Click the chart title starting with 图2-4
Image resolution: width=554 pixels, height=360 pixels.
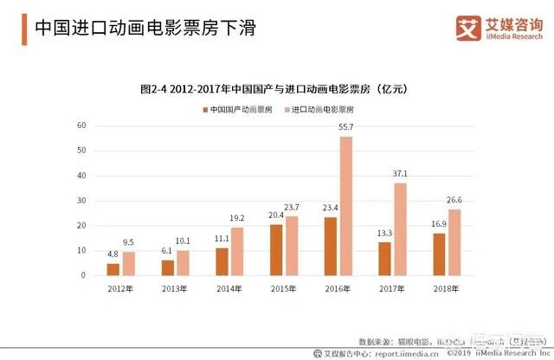[274, 88]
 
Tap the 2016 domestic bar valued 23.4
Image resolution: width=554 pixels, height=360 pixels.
[329, 246]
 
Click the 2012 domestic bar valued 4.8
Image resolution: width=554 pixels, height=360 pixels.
[113, 269]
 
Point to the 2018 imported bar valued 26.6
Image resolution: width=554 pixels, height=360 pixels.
[454, 242]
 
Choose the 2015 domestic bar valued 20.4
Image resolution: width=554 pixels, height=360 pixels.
[275, 250]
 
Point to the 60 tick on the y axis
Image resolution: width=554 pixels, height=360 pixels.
[81, 125]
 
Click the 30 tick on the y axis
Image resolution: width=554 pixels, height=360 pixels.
[81, 201]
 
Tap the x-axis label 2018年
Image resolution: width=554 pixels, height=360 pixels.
[445, 289]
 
